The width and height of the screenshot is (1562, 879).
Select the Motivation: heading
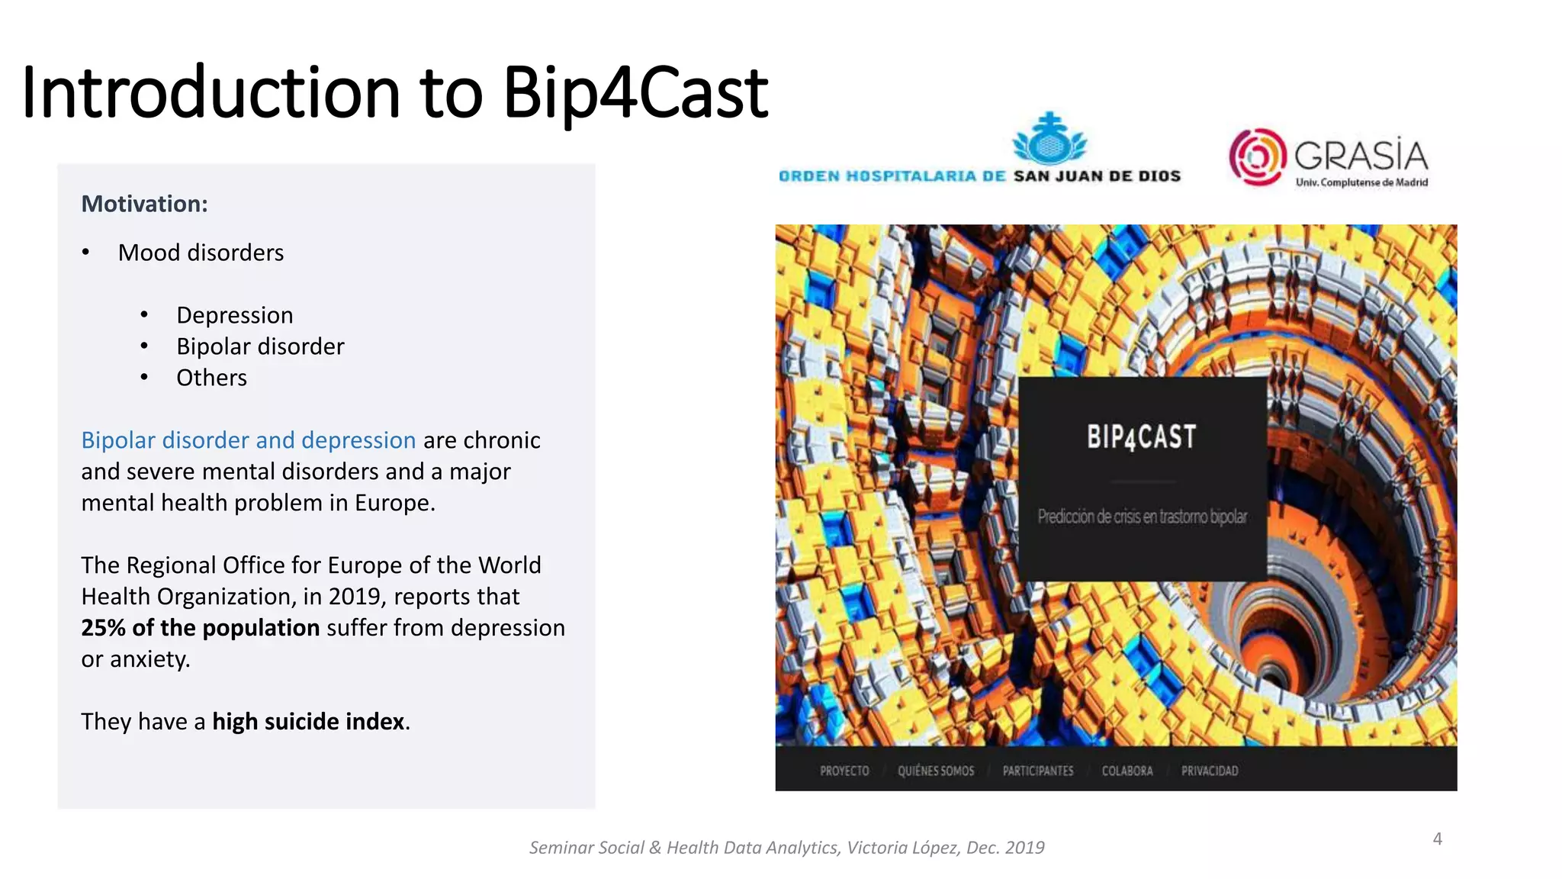pos(144,204)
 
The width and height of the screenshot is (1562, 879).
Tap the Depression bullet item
pos(234,315)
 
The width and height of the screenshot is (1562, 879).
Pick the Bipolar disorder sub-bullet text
pos(260,346)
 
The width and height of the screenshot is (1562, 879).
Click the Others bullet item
pos(211,378)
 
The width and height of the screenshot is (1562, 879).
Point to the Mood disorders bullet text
pos(201,253)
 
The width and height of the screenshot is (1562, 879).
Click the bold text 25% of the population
pos(200,628)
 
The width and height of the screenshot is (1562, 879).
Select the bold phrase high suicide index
pos(308,722)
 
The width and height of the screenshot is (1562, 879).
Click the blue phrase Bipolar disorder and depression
pos(248,440)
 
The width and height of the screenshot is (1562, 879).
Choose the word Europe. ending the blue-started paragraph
pos(395,503)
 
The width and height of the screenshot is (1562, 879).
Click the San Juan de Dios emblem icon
pos(1049,140)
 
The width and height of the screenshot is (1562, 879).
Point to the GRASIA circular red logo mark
pos(1256,157)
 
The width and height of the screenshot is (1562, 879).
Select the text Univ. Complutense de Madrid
pos(1361,182)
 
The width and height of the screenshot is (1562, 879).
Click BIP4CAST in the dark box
pos(1142,437)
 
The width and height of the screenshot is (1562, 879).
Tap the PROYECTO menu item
pos(844,771)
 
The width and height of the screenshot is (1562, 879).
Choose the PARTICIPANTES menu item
pos(1037,771)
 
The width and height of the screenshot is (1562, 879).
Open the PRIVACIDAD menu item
pos(1210,771)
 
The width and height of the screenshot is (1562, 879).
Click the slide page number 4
pos(1437,839)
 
